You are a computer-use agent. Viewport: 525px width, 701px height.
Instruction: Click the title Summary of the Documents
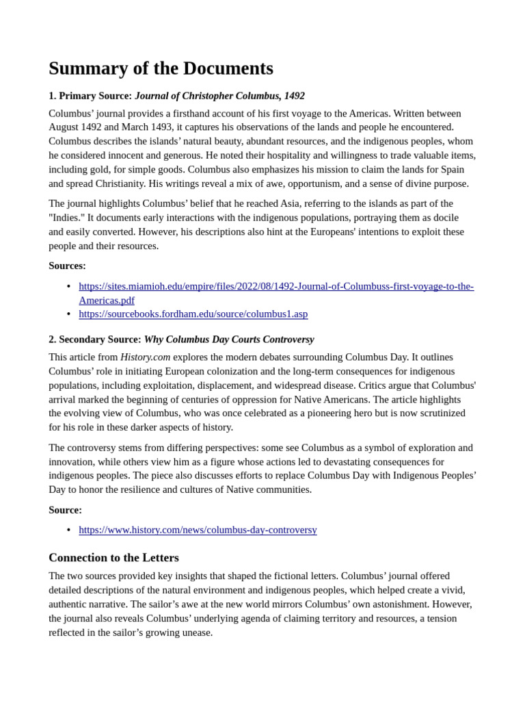coord(161,68)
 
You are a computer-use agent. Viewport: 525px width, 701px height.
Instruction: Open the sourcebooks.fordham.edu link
coord(193,314)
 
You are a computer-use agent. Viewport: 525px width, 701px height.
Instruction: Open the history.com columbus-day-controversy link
coord(198,530)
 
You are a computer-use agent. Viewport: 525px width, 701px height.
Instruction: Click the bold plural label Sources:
coord(67,266)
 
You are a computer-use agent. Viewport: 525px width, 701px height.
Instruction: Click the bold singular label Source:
coord(65,510)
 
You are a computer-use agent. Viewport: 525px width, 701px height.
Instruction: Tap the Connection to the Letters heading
coord(113,558)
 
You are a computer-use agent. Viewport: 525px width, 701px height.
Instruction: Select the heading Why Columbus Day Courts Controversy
coord(229,340)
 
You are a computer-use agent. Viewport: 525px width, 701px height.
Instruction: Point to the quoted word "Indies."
coord(66,218)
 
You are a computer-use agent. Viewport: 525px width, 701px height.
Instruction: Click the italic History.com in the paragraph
coord(145,357)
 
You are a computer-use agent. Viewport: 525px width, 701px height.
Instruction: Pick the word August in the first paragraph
coord(66,127)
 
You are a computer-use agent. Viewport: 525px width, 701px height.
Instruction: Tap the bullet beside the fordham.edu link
coord(68,314)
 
